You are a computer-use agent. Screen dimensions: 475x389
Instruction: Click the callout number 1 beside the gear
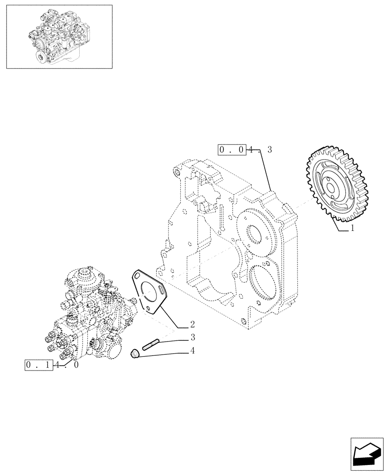click(352, 228)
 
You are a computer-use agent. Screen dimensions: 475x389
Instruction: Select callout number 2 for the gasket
click(192, 325)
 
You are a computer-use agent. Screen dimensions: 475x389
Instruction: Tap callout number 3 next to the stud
click(193, 338)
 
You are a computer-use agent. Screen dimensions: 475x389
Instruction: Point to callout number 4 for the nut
click(192, 351)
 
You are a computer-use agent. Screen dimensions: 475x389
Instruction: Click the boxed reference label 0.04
click(232, 150)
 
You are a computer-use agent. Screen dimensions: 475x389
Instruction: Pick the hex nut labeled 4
click(135, 354)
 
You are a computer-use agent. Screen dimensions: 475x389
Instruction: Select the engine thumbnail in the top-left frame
click(59, 37)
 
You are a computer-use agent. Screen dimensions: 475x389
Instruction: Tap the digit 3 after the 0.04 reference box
click(269, 150)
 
